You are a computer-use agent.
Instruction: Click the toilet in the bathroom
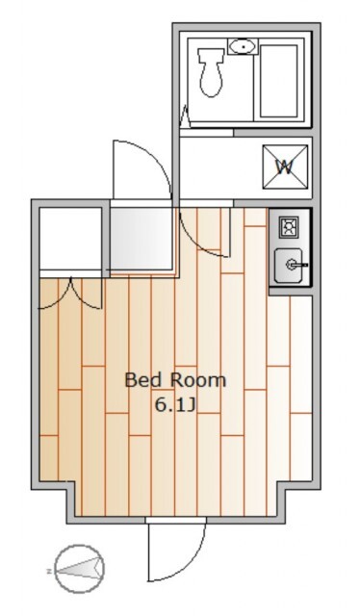click(211, 72)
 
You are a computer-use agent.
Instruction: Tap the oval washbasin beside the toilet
click(244, 47)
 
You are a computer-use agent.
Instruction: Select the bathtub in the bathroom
click(278, 81)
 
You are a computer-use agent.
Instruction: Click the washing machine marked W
click(285, 167)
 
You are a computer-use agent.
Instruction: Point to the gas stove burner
click(289, 227)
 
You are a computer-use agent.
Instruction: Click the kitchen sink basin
click(289, 266)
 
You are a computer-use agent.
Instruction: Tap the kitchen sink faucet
click(296, 266)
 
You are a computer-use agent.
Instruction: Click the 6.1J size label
click(175, 404)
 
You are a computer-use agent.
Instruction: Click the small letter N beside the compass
click(49, 571)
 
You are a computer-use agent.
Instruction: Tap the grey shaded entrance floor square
click(141, 239)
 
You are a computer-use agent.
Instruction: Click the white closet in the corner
click(70, 238)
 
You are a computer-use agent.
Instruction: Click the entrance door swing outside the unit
click(142, 169)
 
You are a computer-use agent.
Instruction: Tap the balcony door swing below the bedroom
click(176, 552)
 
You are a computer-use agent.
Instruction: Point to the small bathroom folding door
click(186, 116)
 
